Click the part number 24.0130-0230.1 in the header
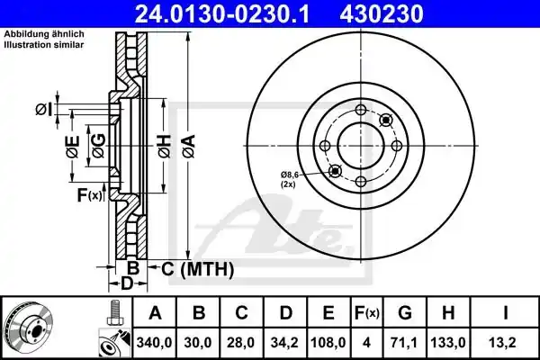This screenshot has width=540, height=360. point(221,13)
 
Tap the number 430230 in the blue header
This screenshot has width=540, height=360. point(382,13)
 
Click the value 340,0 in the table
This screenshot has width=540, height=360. point(154,343)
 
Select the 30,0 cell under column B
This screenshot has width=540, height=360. point(198,343)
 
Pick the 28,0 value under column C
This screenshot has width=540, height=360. point(241,343)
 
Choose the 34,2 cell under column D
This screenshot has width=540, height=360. point(284,343)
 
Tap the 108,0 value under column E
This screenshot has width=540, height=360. point(328,343)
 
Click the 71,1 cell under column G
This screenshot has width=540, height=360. point(405,343)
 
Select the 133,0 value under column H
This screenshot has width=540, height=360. point(448,343)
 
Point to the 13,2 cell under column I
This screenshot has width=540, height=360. point(505,343)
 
